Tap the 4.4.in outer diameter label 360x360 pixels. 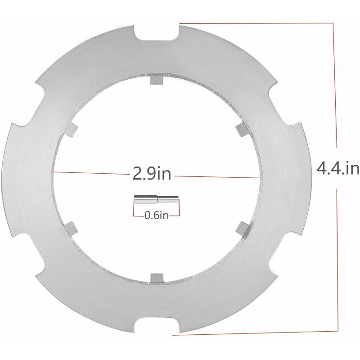point(337,169)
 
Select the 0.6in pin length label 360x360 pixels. point(156,216)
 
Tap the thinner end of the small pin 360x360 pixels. point(169,198)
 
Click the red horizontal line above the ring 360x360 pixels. point(256,24)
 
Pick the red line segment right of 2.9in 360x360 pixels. point(216,176)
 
